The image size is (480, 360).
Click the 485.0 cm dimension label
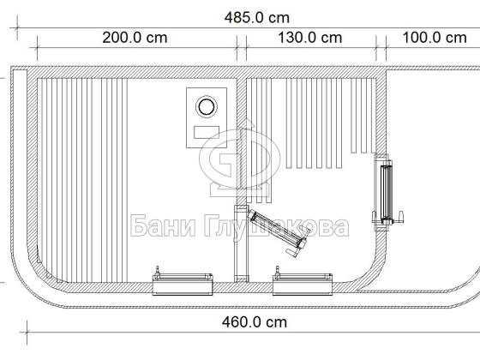point(257,18)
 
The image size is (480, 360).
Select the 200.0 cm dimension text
point(135,38)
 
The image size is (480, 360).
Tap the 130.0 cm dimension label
point(309,38)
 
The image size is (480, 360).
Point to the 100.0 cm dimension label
point(435,38)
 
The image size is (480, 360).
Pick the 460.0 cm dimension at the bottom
point(255,322)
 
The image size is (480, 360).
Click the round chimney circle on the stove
point(207,107)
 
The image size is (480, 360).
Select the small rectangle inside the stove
point(207,132)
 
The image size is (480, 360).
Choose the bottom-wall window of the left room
point(183,284)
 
